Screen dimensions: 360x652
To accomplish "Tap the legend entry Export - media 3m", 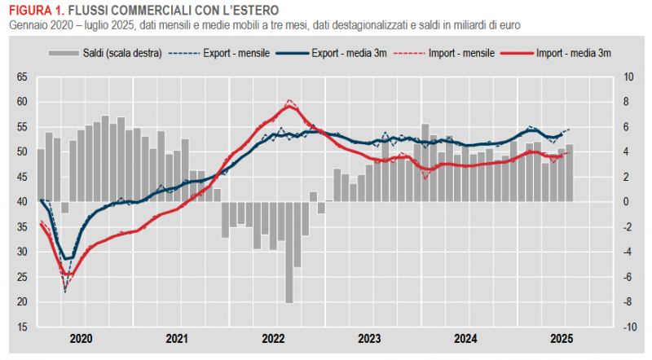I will [349, 53].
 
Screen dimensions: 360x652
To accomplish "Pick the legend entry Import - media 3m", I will [574, 53].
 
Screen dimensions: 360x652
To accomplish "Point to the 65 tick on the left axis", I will [22, 77].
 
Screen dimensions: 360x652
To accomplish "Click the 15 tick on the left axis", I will [22, 327].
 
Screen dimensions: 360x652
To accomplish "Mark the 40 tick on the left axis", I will [22, 202].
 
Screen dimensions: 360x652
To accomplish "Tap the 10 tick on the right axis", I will [628, 77].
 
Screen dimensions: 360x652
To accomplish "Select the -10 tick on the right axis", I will [628, 327].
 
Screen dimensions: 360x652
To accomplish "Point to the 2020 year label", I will [81, 339].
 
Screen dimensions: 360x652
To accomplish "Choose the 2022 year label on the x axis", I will [273, 339].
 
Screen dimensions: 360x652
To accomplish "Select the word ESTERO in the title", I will [253, 11].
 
